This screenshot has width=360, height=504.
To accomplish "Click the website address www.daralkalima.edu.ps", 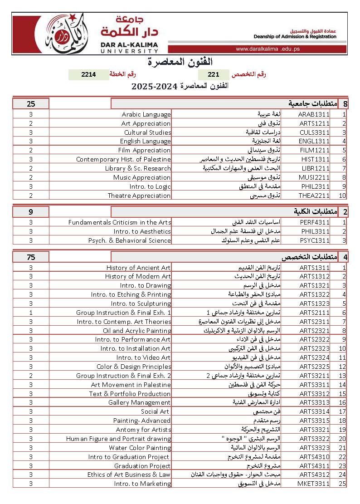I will pyautogui.click(x=268, y=49).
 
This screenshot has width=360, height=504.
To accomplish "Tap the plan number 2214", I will pyautogui.click(x=88, y=74).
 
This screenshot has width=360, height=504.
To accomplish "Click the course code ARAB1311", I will pyautogui.click(x=314, y=114).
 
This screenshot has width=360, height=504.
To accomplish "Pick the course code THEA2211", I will pyautogui.click(x=314, y=196).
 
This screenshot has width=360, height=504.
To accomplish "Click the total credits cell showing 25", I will pyautogui.click(x=31, y=104).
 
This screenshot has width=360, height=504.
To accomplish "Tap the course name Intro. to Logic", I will pyautogui.click(x=150, y=186).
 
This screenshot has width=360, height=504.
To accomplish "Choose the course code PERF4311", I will pyautogui.click(x=315, y=222).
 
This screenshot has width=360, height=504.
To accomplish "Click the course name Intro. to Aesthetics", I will pyautogui.click(x=142, y=231).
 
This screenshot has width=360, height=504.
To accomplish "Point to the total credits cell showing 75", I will pyautogui.click(x=31, y=257).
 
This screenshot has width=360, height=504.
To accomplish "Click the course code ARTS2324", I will pyautogui.click(x=314, y=357).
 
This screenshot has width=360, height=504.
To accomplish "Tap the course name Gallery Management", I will pyautogui.click(x=139, y=402).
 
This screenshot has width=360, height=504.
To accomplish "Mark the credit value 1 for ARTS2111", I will pyautogui.click(x=31, y=313).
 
